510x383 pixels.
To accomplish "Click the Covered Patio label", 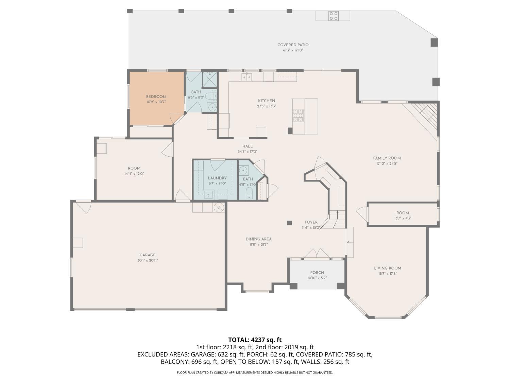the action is coord(293,45).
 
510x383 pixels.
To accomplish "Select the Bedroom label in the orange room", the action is coord(156,96).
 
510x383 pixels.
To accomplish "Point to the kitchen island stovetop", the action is coord(298,115).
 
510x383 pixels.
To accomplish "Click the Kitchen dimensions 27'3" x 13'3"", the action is coord(266,106).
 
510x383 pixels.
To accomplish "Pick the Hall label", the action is coord(247,146).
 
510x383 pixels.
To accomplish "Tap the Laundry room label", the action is coord(217,178).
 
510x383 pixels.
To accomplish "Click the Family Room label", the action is coord(387,158).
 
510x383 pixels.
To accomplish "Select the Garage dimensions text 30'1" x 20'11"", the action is coord(147,260).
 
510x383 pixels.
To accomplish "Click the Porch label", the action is coord(317,273).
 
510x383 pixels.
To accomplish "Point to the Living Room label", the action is coord(387,268).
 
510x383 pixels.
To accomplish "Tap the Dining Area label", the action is coord(258,239).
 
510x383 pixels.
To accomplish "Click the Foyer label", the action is coord(311,222).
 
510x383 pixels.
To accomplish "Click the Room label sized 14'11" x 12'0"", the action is coord(134,168).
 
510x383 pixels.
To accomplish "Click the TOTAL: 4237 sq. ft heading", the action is coord(255,340).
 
